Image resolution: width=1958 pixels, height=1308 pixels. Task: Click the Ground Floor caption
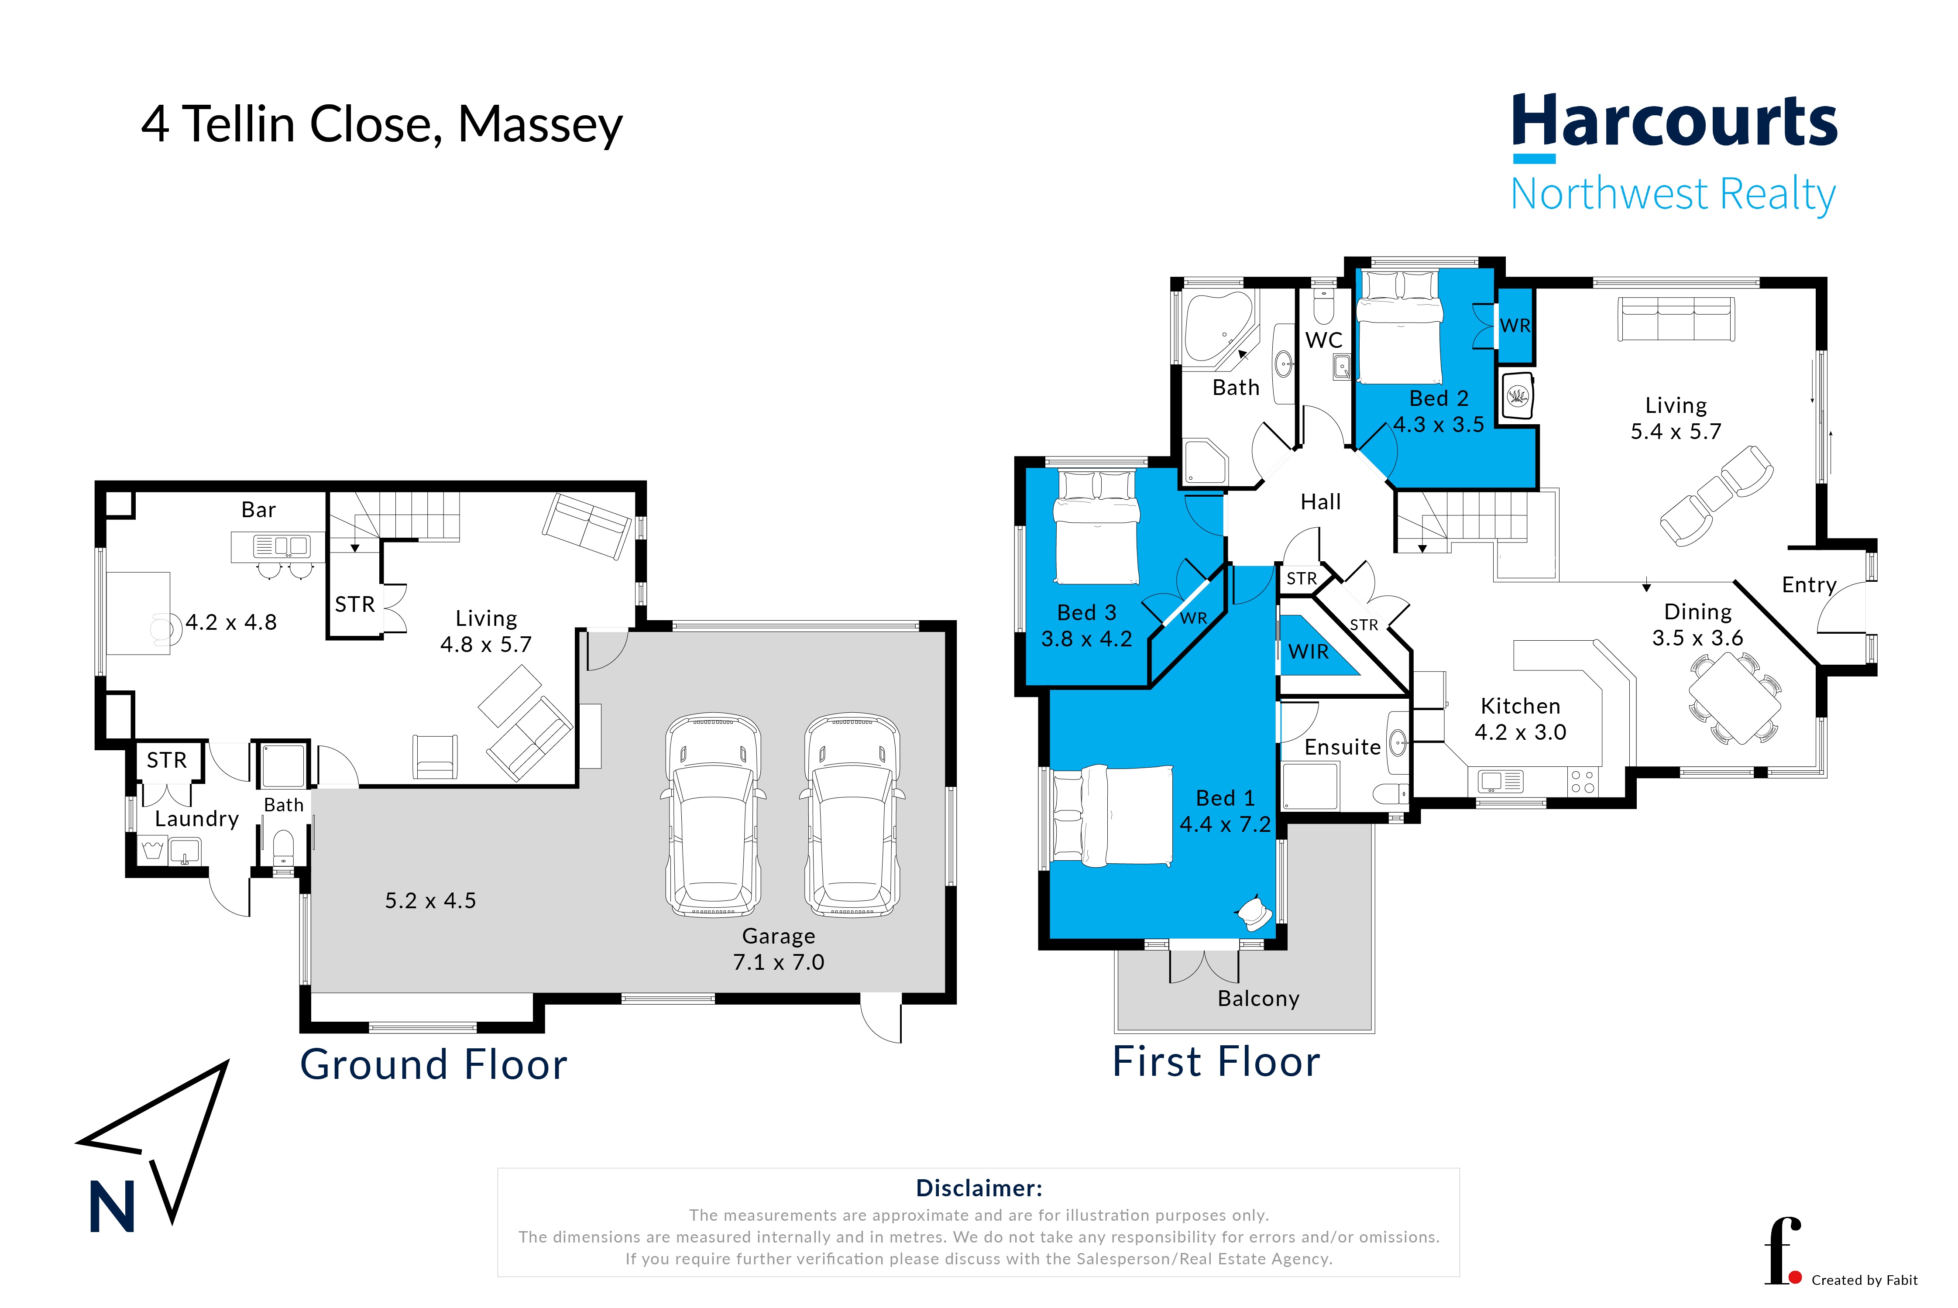coord(434,1065)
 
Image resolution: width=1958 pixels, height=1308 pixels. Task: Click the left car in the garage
coord(713,815)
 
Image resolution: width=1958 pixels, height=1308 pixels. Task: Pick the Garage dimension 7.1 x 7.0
coord(778,962)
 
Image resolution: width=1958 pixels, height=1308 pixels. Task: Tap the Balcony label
coord(1258,999)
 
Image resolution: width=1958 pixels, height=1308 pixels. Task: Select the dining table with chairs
coord(1735,698)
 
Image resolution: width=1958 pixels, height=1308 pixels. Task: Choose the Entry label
coord(1809,585)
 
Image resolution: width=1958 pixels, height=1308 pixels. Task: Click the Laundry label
coord(197,819)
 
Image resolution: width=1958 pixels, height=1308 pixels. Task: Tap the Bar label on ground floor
coord(259,510)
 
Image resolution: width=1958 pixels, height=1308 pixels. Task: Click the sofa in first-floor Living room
coord(1676,319)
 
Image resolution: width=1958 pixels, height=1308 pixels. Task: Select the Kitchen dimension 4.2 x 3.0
coord(1520,732)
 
